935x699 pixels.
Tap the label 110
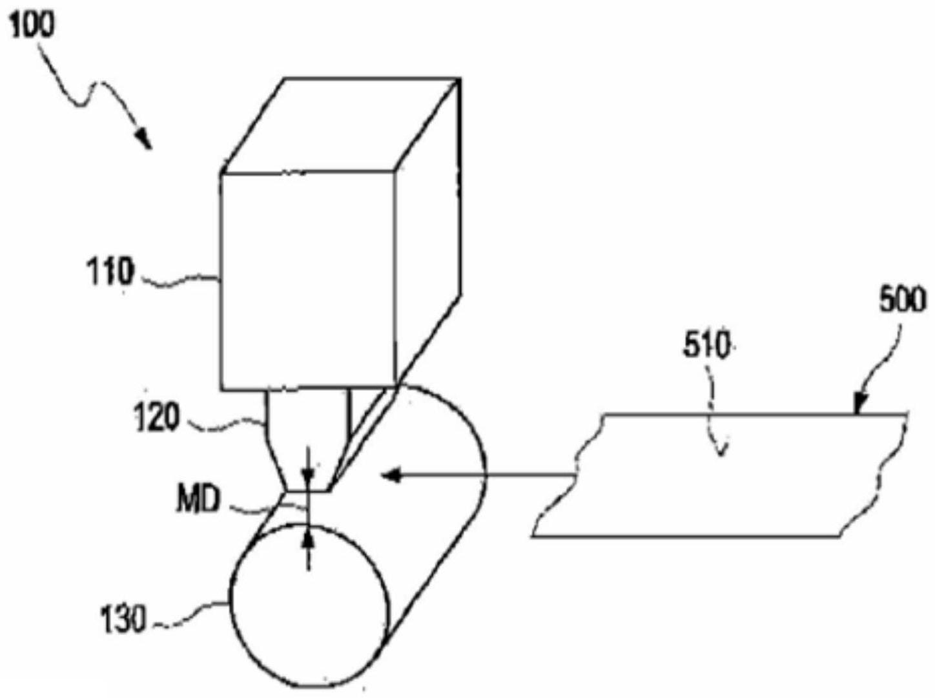[110, 273]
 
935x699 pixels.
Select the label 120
[156, 419]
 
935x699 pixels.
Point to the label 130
[123, 621]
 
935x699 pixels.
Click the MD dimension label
[198, 501]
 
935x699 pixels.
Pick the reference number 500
[901, 301]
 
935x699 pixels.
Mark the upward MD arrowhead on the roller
[309, 537]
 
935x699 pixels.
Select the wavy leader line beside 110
[178, 279]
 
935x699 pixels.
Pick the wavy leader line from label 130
[190, 615]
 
